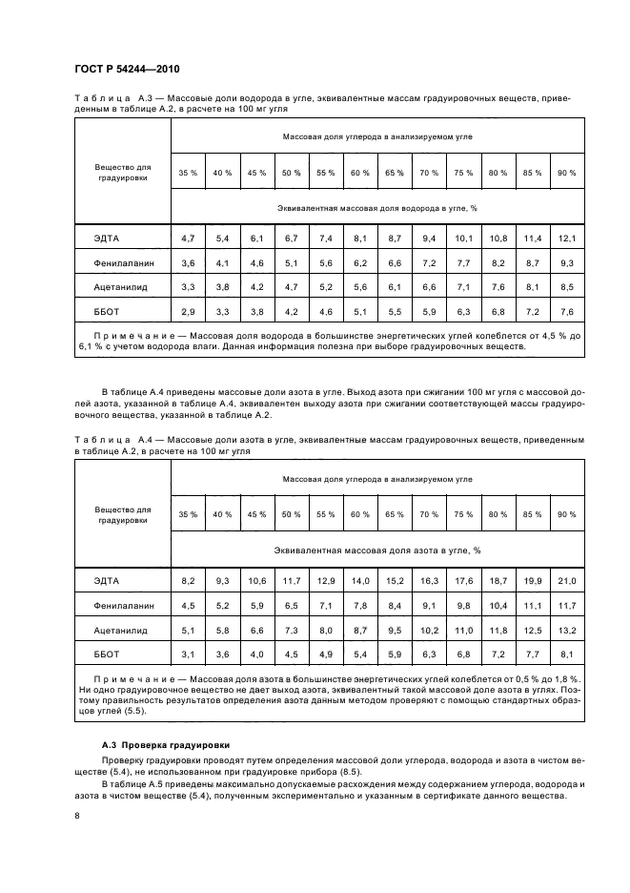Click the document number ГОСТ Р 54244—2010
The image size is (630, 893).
coord(127,71)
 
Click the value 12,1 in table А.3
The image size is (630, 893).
coord(567,237)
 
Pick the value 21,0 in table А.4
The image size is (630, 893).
coord(567,580)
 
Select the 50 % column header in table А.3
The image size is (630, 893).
coord(291,173)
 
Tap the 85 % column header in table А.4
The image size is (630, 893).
coord(532,514)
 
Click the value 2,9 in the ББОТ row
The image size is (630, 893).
coord(188,311)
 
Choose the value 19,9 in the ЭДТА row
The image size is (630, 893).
coord(532,580)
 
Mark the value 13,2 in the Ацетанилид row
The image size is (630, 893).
coord(567,630)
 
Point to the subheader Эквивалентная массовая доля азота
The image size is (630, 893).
coord(376,550)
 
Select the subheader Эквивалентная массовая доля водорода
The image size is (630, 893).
coord(376,207)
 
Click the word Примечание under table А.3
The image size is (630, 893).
coord(131,336)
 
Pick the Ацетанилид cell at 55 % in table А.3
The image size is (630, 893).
coord(326,286)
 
